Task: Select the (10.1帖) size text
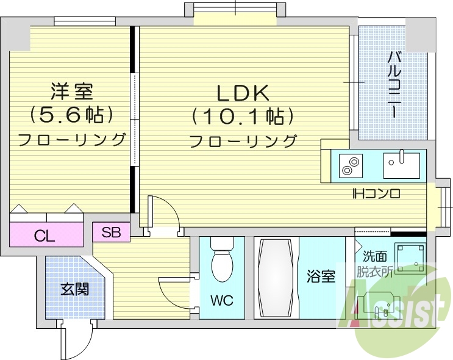click(243, 116)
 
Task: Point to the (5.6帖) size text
click(72, 114)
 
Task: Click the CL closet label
click(45, 236)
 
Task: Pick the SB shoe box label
click(111, 232)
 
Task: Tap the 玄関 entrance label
click(74, 289)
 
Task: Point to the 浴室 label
click(321, 277)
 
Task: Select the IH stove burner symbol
click(351, 166)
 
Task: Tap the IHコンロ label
click(376, 195)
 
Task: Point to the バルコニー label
click(394, 85)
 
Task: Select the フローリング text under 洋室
click(72, 139)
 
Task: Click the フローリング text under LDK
click(243, 141)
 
